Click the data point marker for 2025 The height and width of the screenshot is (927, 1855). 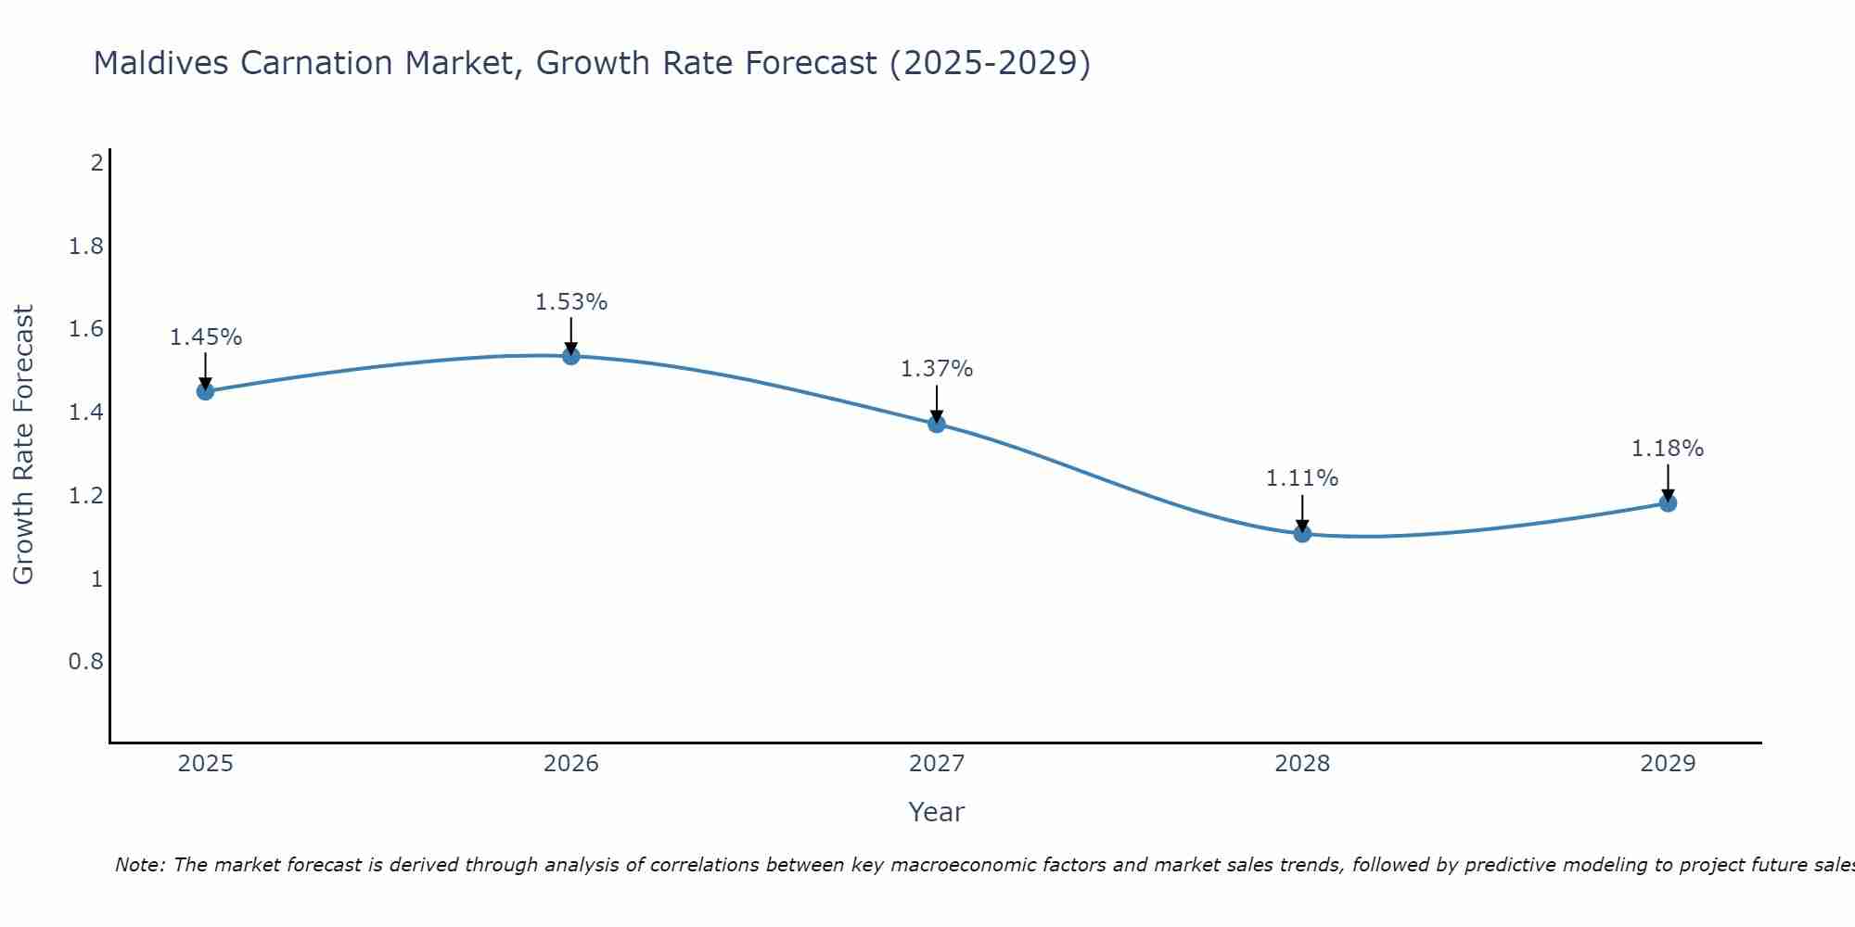[205, 391]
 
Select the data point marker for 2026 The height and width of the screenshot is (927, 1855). [571, 356]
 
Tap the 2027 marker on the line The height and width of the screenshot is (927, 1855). [937, 424]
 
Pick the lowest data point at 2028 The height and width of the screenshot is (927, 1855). [1302, 533]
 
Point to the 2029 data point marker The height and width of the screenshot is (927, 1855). [1668, 503]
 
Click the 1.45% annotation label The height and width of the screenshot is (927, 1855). [205, 337]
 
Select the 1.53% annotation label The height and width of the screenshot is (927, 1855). [571, 302]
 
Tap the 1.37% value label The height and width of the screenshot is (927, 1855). [937, 369]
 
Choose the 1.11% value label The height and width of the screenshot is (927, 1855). [1302, 478]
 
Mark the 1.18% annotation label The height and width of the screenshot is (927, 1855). [1668, 449]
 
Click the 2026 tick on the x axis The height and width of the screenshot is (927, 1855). [571, 764]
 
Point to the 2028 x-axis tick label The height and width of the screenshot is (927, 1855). [1302, 764]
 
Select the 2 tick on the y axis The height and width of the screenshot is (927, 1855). [96, 163]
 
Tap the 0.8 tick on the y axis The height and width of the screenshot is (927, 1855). [86, 662]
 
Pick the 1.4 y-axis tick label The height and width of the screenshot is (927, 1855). [86, 413]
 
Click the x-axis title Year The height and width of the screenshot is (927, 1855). [937, 812]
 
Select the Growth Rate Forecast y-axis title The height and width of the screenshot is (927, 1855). [23, 445]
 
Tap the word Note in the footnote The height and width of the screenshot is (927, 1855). [139, 865]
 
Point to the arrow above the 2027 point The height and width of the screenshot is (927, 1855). [937, 403]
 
